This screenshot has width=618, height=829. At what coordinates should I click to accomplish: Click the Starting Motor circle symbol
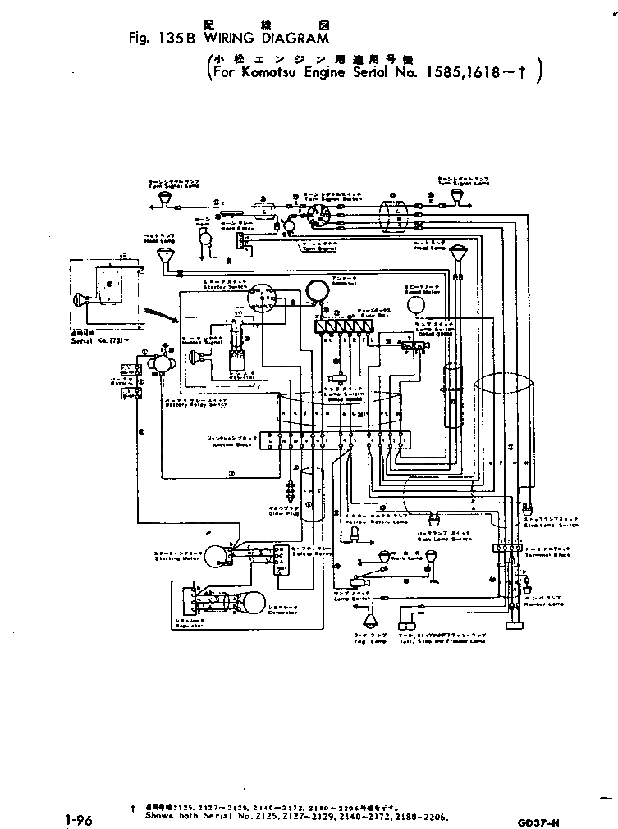point(216,557)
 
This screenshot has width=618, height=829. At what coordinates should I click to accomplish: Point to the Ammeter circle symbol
point(316,290)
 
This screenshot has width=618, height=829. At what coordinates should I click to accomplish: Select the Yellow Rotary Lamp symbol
point(354,534)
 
